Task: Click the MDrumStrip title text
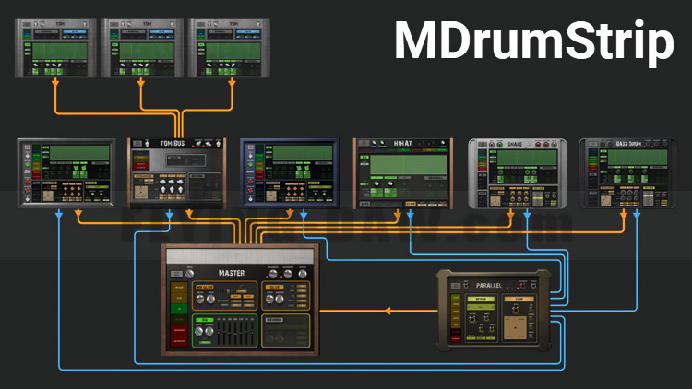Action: (x=534, y=41)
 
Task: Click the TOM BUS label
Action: (x=176, y=143)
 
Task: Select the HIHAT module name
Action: (x=403, y=143)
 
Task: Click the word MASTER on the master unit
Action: (x=232, y=273)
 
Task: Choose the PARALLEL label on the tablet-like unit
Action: (x=490, y=285)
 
